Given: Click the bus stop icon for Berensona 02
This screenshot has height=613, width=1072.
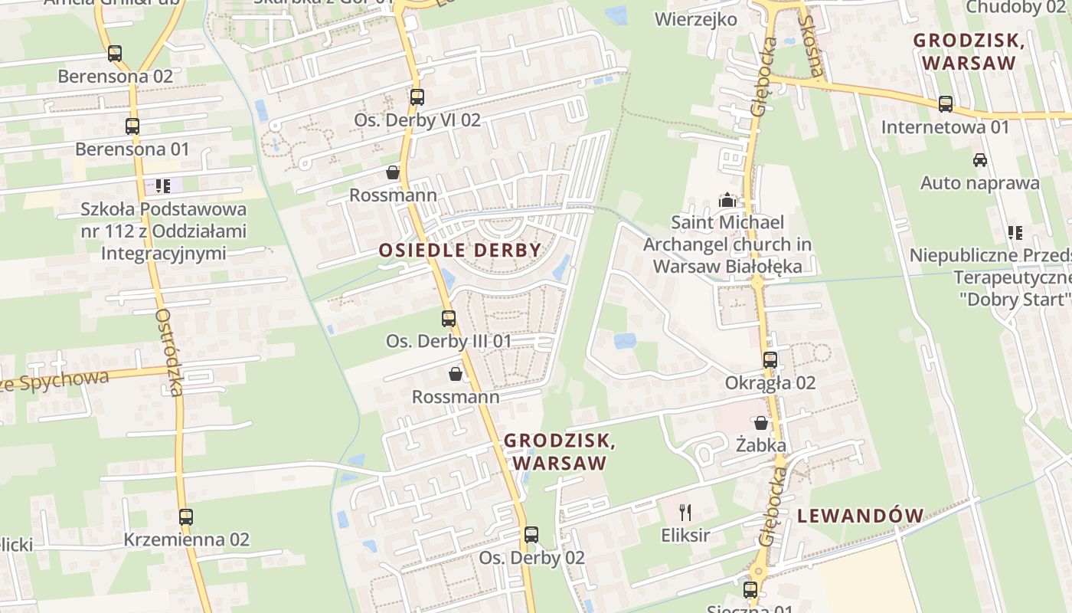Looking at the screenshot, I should pyautogui.click(x=115, y=54).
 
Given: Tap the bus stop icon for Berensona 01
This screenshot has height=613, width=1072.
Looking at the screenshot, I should pyautogui.click(x=132, y=126).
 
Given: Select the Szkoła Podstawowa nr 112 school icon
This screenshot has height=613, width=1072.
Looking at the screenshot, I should pyautogui.click(x=163, y=185).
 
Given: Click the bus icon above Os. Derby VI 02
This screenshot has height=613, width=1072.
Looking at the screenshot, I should pyautogui.click(x=417, y=97).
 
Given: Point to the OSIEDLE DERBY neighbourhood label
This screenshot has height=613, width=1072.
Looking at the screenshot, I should pyautogui.click(x=460, y=250).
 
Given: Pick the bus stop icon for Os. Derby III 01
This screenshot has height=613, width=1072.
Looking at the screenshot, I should pyautogui.click(x=449, y=318).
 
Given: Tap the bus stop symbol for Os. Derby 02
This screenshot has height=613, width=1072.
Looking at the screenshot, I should pyautogui.click(x=531, y=535).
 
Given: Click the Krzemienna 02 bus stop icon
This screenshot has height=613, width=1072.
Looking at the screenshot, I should pyautogui.click(x=186, y=517).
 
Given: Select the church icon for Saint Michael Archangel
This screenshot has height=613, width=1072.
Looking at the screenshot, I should pyautogui.click(x=727, y=201).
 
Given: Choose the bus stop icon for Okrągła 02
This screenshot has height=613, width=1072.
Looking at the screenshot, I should pyautogui.click(x=770, y=359).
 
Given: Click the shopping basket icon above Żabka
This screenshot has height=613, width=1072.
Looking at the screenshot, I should pyautogui.click(x=761, y=423).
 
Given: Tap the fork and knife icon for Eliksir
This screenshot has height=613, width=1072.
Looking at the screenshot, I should pyautogui.click(x=685, y=513).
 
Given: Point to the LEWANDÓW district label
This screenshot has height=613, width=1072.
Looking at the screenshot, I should pyautogui.click(x=861, y=516).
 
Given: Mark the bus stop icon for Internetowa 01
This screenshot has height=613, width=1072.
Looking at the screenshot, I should pyautogui.click(x=946, y=104).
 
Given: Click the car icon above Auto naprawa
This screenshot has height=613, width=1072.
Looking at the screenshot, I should pyautogui.click(x=979, y=160).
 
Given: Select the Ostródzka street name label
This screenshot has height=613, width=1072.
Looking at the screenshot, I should pyautogui.click(x=168, y=352).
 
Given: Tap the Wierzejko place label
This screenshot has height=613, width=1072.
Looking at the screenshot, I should pyautogui.click(x=696, y=19).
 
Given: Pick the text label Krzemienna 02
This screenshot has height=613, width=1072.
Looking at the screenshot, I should pyautogui.click(x=187, y=539).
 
